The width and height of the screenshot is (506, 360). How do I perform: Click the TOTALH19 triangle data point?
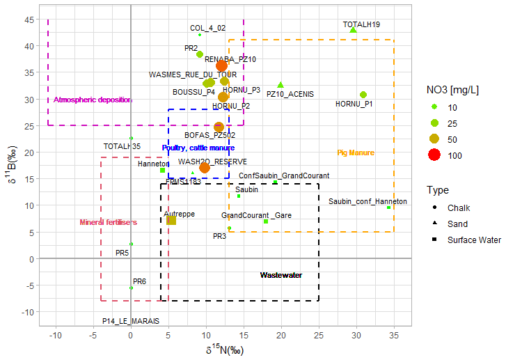[x=353, y=30]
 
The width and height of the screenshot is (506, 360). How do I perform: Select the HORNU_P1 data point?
[x=363, y=95]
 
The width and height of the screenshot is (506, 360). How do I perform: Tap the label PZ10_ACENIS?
[x=290, y=94]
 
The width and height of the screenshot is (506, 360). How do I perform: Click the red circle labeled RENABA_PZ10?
[x=221, y=66]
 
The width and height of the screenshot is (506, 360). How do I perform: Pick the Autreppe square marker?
[x=171, y=220]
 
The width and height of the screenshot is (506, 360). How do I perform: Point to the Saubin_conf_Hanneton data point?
[x=389, y=208]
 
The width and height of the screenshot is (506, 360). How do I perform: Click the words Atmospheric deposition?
[x=93, y=100]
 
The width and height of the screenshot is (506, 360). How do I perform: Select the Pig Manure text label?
[x=356, y=153]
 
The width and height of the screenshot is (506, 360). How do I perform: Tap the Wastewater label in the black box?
[x=280, y=276]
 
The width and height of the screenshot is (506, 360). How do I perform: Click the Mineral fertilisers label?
[x=108, y=223]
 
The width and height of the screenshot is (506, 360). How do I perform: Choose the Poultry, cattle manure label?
[x=198, y=148]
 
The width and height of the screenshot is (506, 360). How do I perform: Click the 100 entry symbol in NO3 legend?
[x=434, y=155]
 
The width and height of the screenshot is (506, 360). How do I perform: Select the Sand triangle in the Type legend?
[x=434, y=224]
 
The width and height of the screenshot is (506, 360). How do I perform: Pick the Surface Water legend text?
[x=474, y=240]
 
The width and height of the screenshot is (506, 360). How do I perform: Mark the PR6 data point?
[x=131, y=288]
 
